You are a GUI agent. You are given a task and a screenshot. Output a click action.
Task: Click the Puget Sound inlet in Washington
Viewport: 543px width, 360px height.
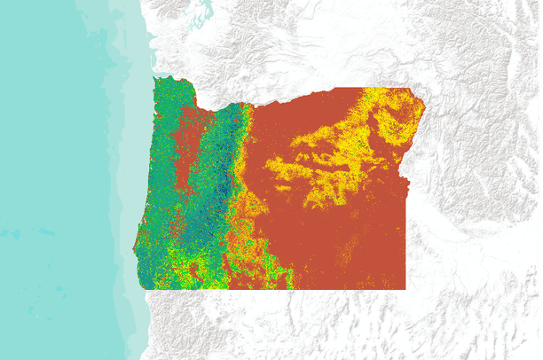coord(206,14)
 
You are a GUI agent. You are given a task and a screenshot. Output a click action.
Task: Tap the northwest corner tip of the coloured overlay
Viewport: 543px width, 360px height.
coord(156,78)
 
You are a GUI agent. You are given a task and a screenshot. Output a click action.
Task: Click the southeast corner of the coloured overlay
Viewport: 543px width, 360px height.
coord(405,288)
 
